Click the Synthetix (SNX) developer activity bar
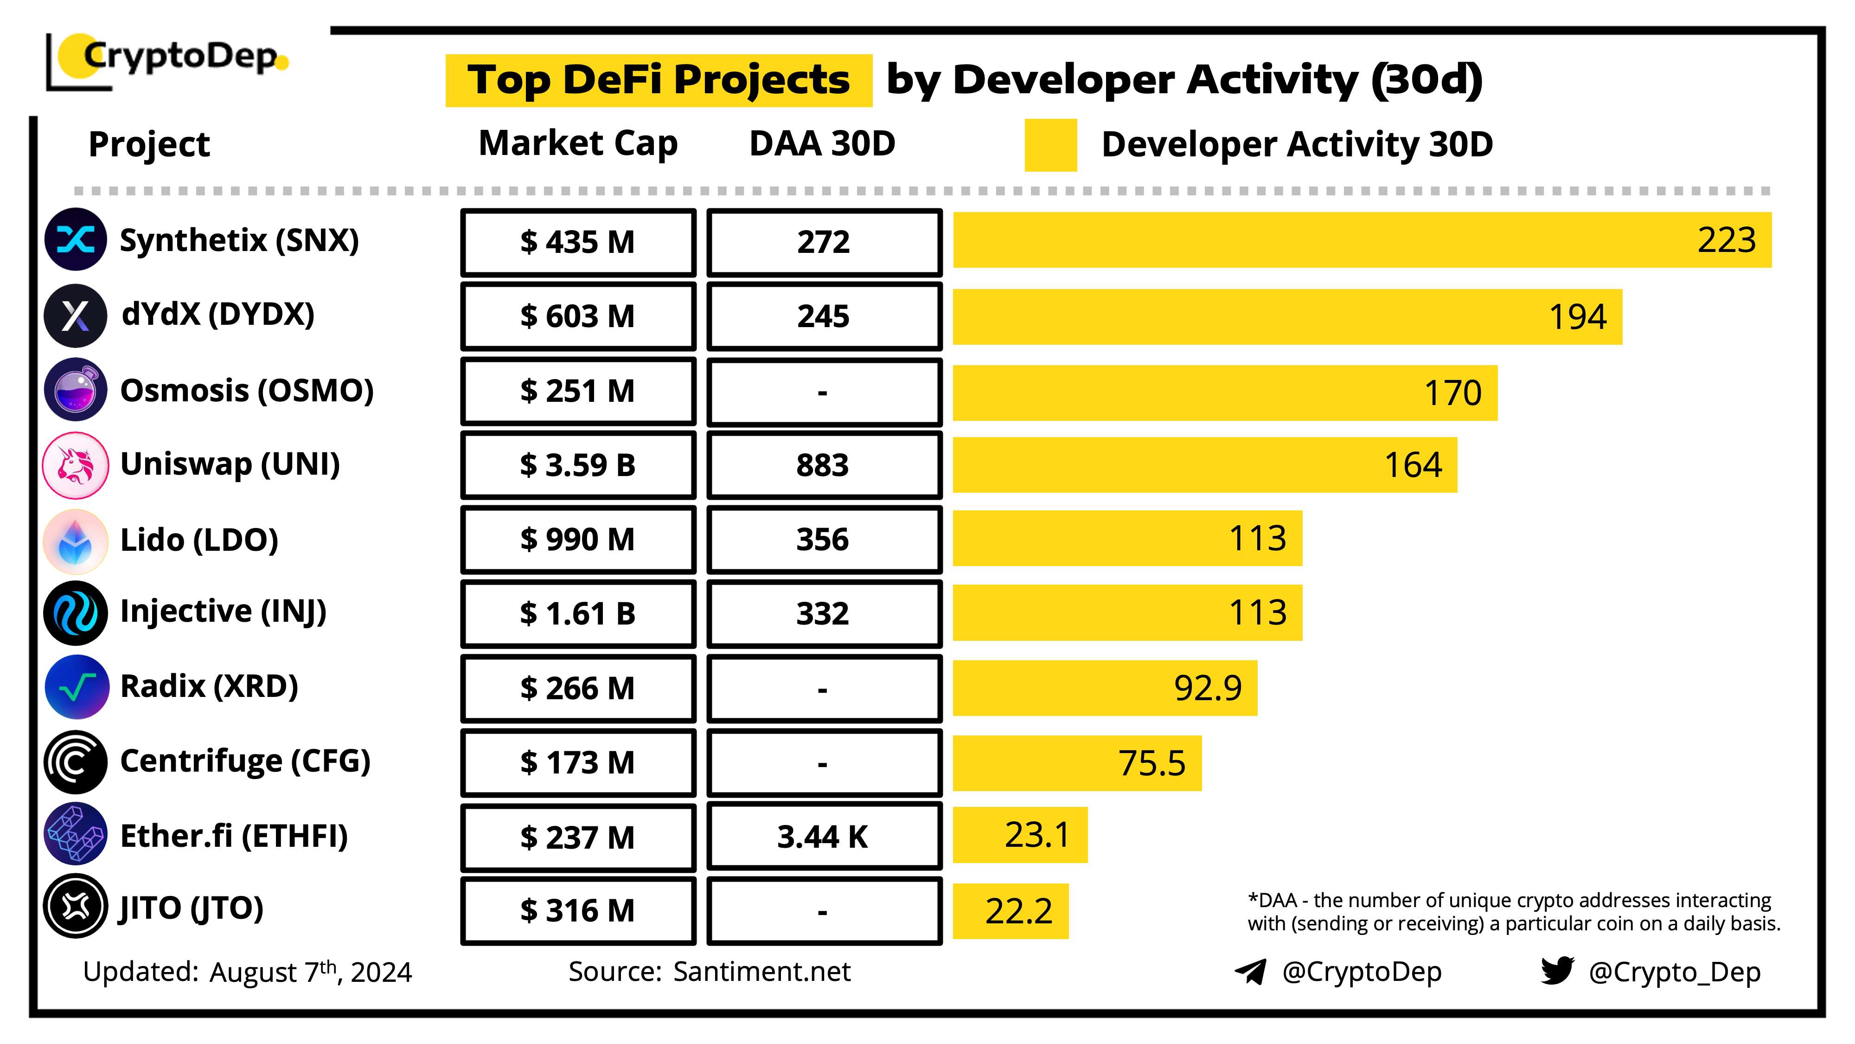click(x=1361, y=240)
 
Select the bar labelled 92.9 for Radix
click(x=1105, y=688)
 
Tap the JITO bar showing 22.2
click(x=1011, y=911)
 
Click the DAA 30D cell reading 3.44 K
click(x=824, y=837)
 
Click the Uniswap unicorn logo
click(x=76, y=465)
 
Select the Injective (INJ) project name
click(x=223, y=612)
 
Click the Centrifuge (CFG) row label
click(x=245, y=761)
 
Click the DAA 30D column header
click(x=822, y=143)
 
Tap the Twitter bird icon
click(x=1557, y=971)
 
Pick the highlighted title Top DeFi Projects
click(x=658, y=80)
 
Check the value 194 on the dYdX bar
click(x=1577, y=317)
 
